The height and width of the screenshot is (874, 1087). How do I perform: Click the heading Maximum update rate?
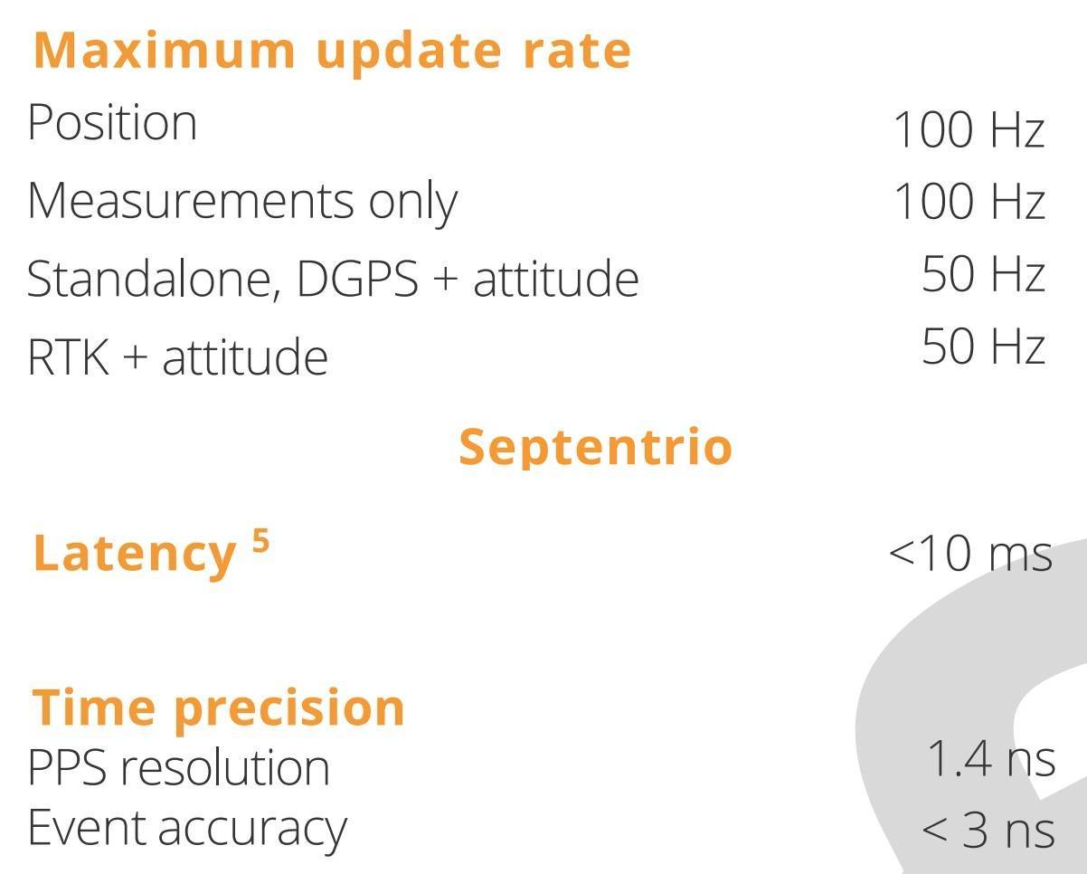[x=332, y=52]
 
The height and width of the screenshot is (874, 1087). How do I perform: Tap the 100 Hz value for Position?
[x=969, y=129]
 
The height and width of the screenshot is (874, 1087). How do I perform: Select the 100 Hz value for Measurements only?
[x=969, y=202]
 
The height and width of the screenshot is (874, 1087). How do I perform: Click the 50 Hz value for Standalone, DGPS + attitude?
[x=983, y=274]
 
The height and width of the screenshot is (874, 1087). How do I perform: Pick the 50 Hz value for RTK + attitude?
[x=983, y=347]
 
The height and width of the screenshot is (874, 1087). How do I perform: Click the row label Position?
[x=112, y=123]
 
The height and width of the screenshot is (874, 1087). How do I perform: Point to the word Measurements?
[x=191, y=201]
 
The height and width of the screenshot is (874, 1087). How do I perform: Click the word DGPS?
[x=357, y=279]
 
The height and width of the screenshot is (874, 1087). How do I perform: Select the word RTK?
[x=69, y=356]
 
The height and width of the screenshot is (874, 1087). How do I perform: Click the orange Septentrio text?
[x=596, y=447]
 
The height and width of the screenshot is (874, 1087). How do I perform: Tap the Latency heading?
[x=135, y=555]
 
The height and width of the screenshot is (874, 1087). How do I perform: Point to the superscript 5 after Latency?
[x=260, y=540]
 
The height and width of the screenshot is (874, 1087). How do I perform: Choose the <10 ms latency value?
[x=970, y=554]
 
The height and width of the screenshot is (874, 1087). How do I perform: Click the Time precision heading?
[x=218, y=708]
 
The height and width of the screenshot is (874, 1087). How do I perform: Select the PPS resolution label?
[x=179, y=768]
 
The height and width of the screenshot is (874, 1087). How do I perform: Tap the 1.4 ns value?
[x=991, y=758]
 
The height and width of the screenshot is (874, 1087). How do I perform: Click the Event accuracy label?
[x=187, y=830]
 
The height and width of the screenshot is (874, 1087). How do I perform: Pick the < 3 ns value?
[x=988, y=831]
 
